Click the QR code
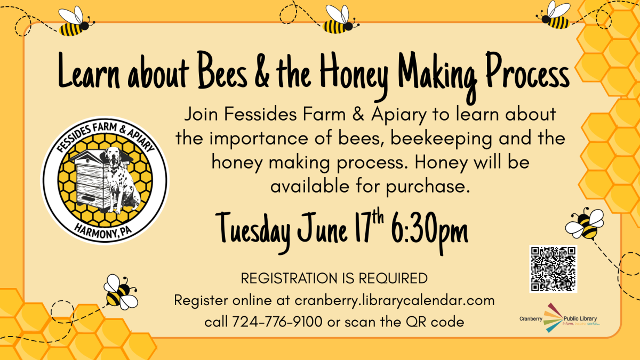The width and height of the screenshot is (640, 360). [x=553, y=269]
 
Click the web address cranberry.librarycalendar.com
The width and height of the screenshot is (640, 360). [x=395, y=300]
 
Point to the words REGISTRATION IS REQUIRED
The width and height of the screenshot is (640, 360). [x=334, y=278]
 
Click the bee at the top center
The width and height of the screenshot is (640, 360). [x=337, y=20]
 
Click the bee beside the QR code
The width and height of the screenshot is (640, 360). [x=586, y=223]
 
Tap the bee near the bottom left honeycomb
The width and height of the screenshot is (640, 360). [x=119, y=292]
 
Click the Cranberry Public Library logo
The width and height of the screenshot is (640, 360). [x=559, y=318]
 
